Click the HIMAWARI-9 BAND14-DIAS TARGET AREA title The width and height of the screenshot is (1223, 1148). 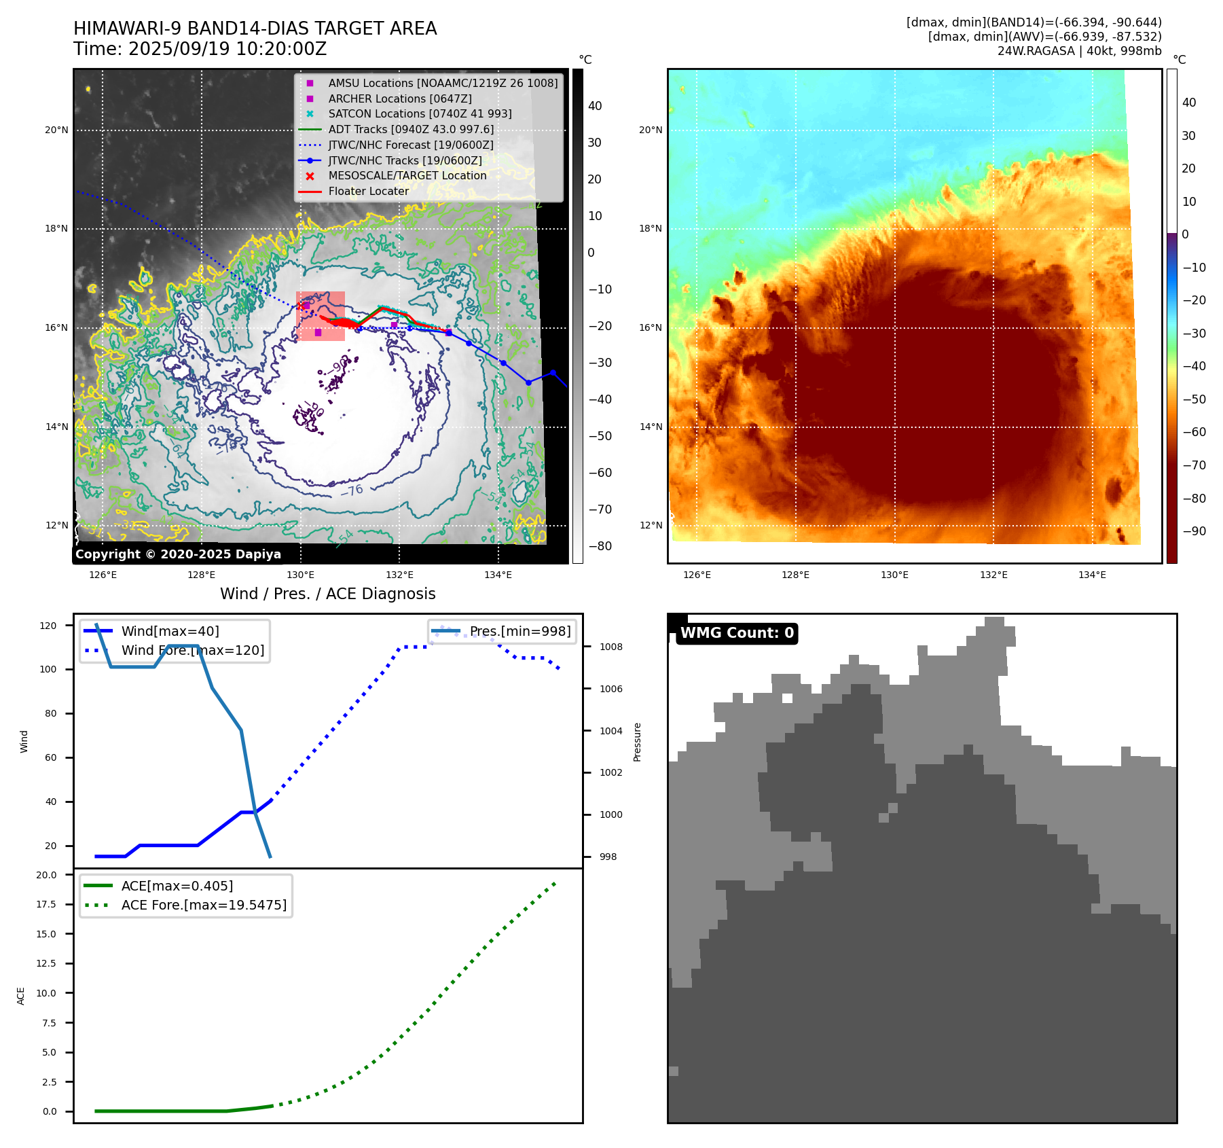click(255, 29)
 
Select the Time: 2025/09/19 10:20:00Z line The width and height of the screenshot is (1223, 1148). click(200, 49)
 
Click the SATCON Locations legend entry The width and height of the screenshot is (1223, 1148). click(420, 114)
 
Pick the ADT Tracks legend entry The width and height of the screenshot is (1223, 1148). click(411, 129)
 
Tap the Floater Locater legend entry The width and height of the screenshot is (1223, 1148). click(368, 192)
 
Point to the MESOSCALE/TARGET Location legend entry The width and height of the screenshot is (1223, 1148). click(407, 176)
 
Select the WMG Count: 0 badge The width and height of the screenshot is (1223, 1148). click(737, 633)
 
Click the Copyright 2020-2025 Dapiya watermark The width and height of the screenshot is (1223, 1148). click(178, 554)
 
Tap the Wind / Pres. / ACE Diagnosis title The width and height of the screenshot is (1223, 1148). click(328, 594)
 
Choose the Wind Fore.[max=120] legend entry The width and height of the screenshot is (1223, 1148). click(193, 650)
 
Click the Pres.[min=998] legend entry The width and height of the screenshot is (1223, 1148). click(520, 632)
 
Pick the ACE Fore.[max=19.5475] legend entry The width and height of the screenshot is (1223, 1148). click(204, 905)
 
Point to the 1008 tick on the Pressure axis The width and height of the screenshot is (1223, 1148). click(610, 647)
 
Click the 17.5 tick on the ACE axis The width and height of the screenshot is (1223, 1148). click(47, 904)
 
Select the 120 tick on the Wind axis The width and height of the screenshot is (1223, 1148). click(48, 626)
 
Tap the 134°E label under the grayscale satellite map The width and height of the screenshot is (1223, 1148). click(498, 575)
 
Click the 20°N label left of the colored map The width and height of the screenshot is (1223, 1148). click(651, 130)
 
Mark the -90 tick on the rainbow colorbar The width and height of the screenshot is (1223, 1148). click(1194, 531)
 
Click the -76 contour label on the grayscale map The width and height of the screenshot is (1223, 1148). click(352, 490)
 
